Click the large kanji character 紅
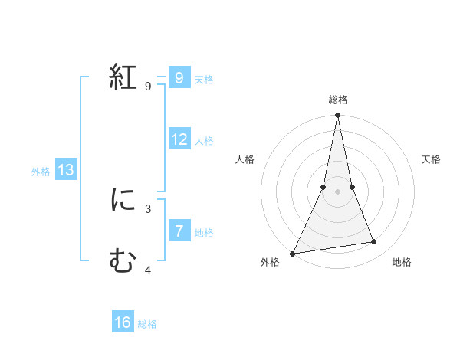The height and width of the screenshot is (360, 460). (123, 77)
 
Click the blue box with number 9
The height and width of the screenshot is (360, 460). (179, 77)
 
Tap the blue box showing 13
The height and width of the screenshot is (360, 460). (66, 170)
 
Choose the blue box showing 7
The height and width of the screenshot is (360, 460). (179, 231)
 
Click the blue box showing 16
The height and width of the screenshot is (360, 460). (123, 322)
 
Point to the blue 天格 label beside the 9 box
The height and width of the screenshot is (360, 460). (204, 79)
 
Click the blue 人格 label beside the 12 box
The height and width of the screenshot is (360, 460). (204, 141)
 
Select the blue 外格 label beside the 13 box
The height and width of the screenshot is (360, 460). (41, 172)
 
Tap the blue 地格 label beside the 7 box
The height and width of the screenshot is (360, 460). (204, 233)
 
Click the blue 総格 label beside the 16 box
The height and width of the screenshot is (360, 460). (147, 325)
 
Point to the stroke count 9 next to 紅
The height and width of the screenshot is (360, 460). (148, 87)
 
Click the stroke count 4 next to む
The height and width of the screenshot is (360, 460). (148, 270)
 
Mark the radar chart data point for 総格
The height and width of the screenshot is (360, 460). (337, 116)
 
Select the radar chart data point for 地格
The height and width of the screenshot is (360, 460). (374, 242)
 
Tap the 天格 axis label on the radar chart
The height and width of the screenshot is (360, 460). (431, 159)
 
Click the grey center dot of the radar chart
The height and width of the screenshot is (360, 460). (337, 191)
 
